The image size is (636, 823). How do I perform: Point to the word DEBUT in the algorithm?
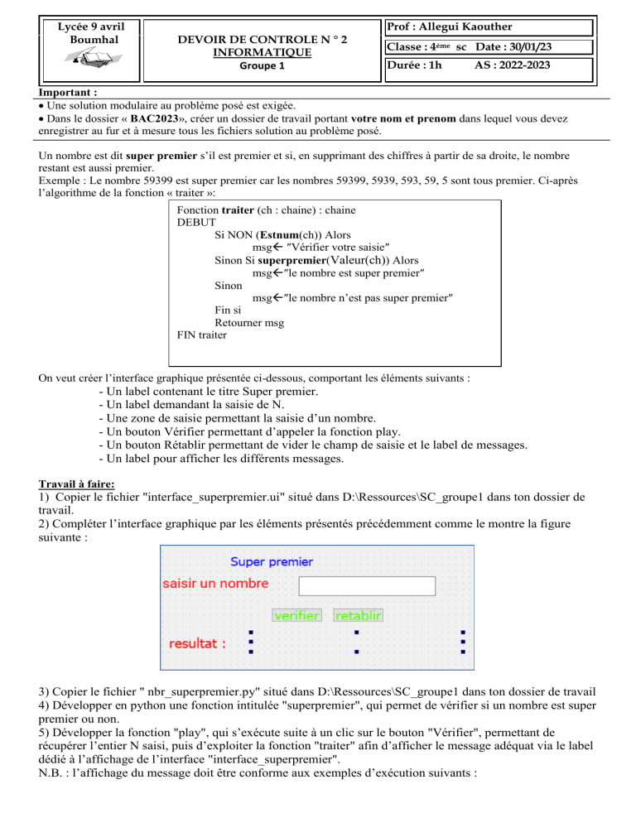(196, 222)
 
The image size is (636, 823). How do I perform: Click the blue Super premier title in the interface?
(272, 561)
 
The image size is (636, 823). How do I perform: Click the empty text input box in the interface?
(366, 585)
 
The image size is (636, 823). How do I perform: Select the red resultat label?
(198, 643)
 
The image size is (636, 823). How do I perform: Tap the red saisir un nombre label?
(214, 584)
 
